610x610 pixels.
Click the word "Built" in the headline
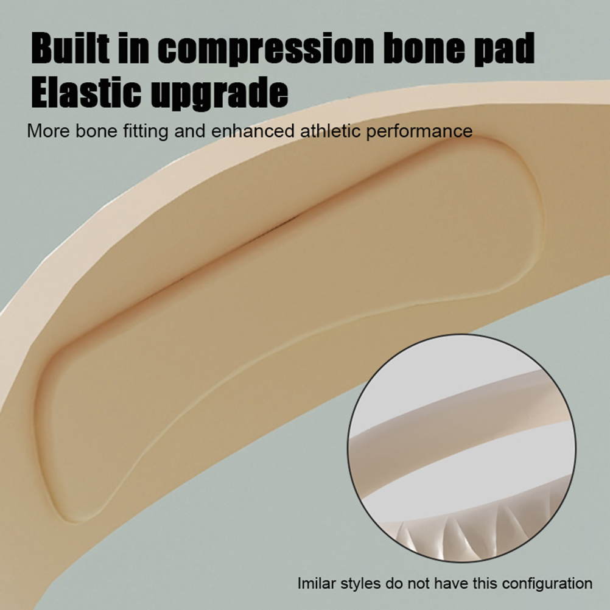[x=70, y=48]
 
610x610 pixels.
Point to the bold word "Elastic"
[x=86, y=92]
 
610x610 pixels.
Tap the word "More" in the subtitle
[x=49, y=131]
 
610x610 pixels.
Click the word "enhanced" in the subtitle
[x=253, y=131]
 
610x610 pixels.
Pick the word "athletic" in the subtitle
[x=331, y=131]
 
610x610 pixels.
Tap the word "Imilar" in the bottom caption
[x=317, y=584]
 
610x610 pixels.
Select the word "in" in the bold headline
[x=133, y=48]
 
